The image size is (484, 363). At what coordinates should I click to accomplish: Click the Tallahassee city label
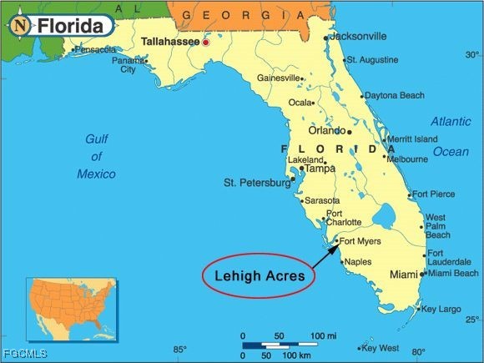pyautogui.click(x=170, y=40)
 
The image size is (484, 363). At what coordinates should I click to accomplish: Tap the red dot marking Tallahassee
pyautogui.click(x=205, y=42)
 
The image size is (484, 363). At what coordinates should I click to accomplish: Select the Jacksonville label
pyautogui.click(x=358, y=37)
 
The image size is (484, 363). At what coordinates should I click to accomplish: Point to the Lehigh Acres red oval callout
pyautogui.click(x=258, y=275)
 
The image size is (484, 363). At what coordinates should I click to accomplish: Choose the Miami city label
pyautogui.click(x=404, y=275)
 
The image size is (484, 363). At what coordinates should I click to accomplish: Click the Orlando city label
pyautogui.click(x=327, y=131)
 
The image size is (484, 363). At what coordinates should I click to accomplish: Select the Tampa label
pyautogui.click(x=320, y=168)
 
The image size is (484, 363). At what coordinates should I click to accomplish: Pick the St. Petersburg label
pyautogui.click(x=255, y=182)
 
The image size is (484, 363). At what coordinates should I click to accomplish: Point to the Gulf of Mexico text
pyautogui.click(x=97, y=156)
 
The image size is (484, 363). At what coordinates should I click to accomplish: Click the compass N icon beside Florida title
pyautogui.click(x=20, y=26)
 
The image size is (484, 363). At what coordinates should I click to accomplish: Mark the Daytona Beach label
pyautogui.click(x=394, y=95)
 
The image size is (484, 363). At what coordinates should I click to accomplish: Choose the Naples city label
pyautogui.click(x=357, y=262)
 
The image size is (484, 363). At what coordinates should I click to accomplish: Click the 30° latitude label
pyautogui.click(x=472, y=54)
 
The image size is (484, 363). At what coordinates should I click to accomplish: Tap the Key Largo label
pyautogui.click(x=441, y=309)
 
